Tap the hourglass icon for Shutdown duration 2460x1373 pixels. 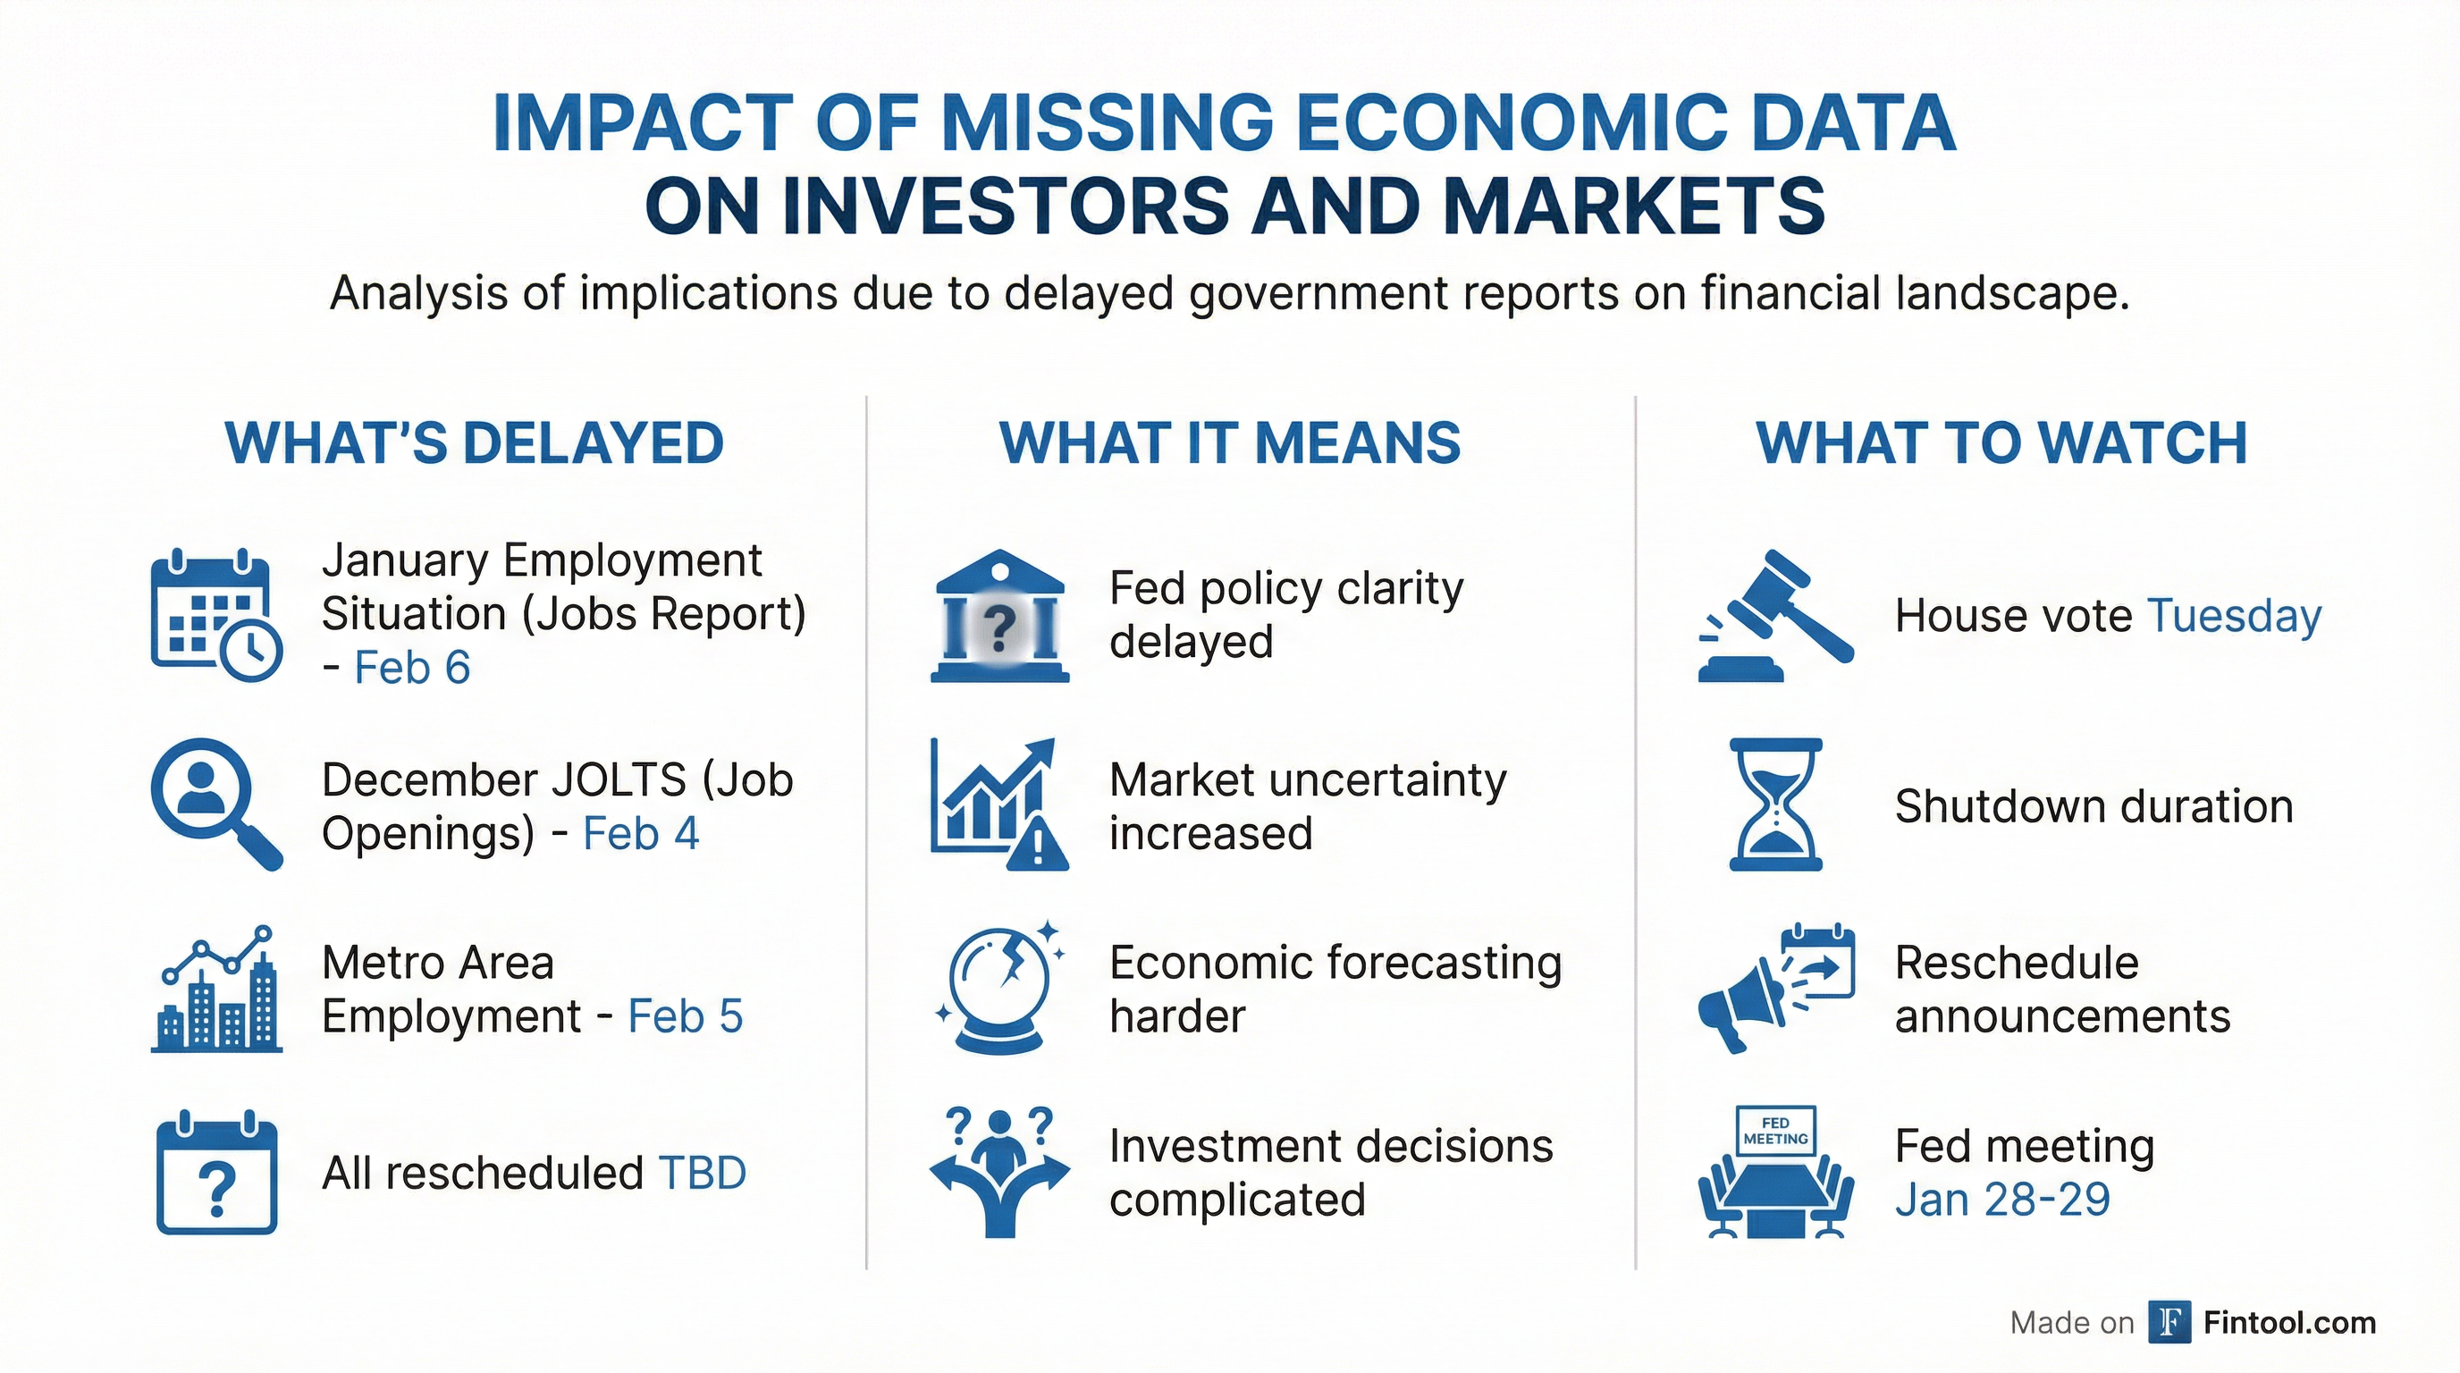(x=1775, y=804)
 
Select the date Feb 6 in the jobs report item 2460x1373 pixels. (x=413, y=668)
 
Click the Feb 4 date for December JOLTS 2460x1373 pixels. (x=641, y=833)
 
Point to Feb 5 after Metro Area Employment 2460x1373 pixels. (x=685, y=1016)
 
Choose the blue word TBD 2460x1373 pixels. (x=702, y=1174)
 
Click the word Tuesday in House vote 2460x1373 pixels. (x=2234, y=616)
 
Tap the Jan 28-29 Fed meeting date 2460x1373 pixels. (x=2001, y=1200)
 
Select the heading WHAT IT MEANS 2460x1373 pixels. (x=1230, y=443)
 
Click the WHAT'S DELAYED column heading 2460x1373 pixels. (x=475, y=443)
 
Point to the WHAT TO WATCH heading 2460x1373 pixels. (x=2001, y=443)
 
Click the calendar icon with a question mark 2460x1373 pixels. (x=217, y=1174)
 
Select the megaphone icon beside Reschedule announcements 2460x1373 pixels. (x=1736, y=1010)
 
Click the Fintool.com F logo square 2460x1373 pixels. (x=2169, y=1322)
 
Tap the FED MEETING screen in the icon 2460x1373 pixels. (x=1775, y=1132)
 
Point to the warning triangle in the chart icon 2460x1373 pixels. (x=1038, y=844)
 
